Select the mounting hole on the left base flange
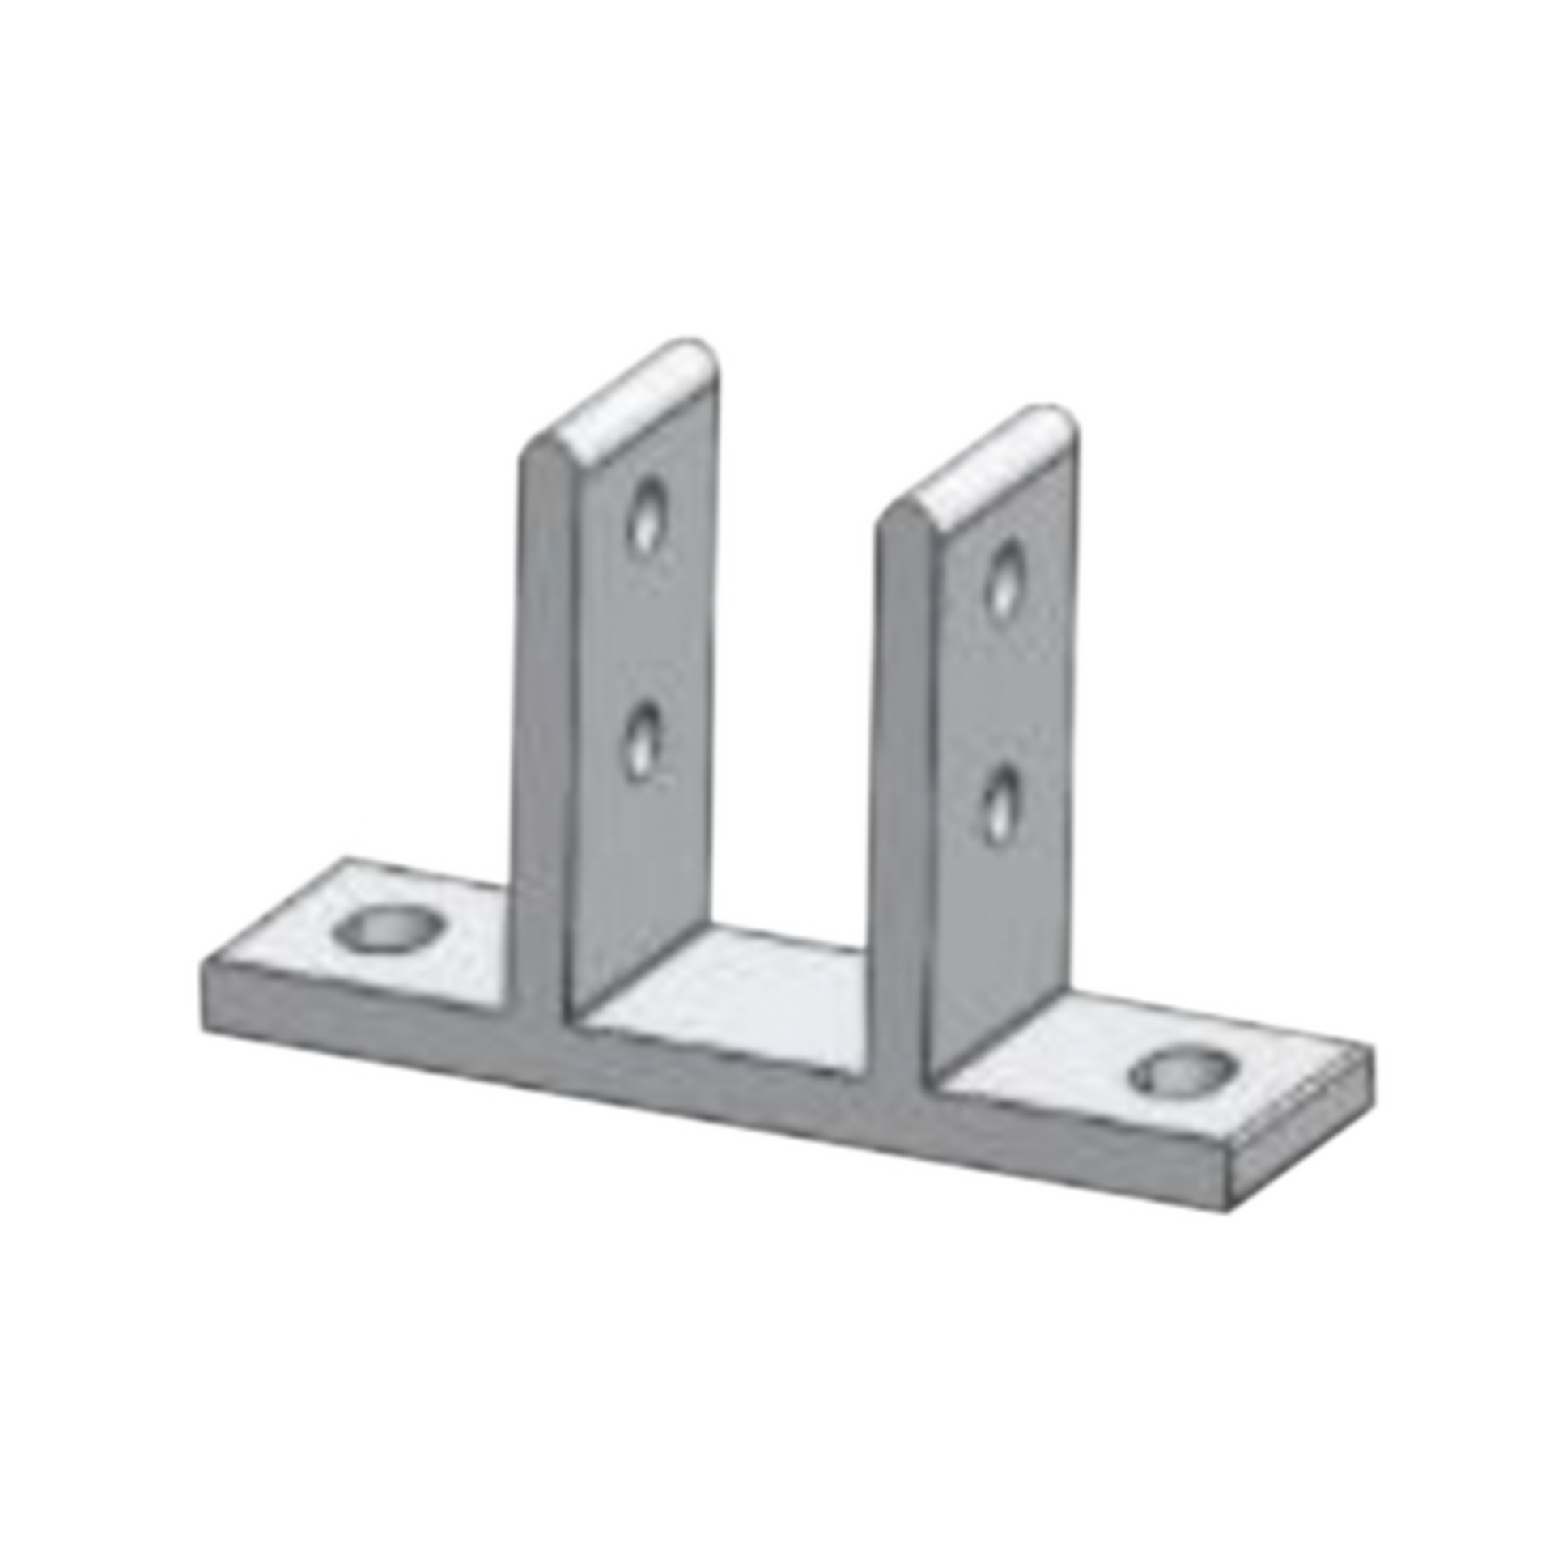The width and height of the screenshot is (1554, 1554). (383, 931)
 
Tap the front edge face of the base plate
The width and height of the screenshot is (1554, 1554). (728, 1085)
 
